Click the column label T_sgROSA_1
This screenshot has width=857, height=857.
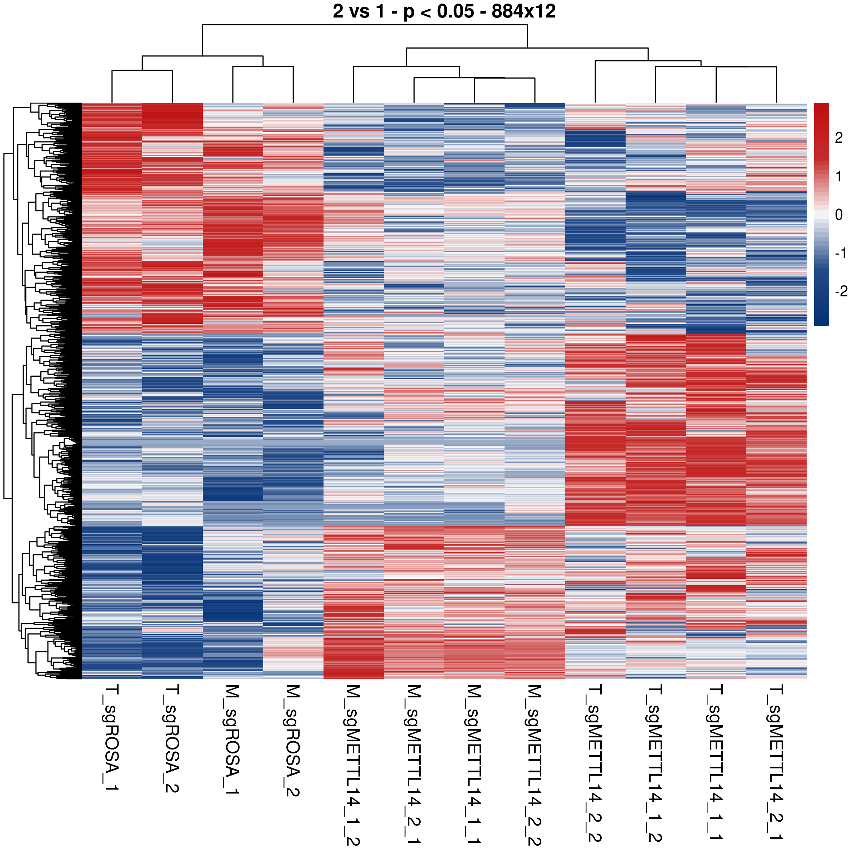pos(111,738)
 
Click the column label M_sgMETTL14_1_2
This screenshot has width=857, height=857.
pos(354,765)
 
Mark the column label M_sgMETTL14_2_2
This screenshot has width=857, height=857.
pos(535,765)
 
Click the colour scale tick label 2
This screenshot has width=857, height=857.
pos(838,138)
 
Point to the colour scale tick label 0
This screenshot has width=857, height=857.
pos(838,215)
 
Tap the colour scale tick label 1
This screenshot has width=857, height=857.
pos(838,176)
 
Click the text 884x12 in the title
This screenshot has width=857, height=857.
pos(523,11)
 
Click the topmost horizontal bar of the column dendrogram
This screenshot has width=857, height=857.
pos(365,25)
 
